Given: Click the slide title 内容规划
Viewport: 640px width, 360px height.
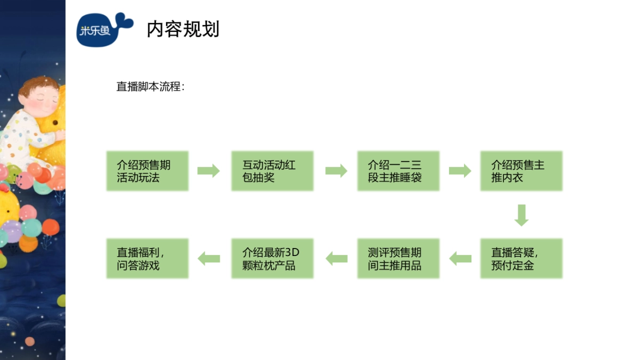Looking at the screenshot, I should pyautogui.click(x=183, y=29).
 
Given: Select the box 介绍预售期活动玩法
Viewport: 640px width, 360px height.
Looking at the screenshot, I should pyautogui.click(x=147, y=171).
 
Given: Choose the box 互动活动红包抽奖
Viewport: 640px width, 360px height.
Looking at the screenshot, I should pyautogui.click(x=272, y=171).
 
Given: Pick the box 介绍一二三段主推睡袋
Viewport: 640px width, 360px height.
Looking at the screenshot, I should pyautogui.click(x=398, y=171).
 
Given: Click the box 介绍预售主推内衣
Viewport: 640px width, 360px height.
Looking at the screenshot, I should pyautogui.click(x=521, y=171).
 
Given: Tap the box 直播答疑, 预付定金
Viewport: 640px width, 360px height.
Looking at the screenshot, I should pyautogui.click(x=521, y=259).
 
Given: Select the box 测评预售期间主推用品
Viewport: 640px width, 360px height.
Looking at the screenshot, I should pyautogui.click(x=398, y=259).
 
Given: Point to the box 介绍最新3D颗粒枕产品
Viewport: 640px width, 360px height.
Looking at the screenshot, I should pyautogui.click(x=272, y=259).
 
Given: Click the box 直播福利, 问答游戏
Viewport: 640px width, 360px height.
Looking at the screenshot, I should pyautogui.click(x=147, y=259).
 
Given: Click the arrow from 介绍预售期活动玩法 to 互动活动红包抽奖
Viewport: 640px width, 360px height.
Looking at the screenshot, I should pyautogui.click(x=209, y=171).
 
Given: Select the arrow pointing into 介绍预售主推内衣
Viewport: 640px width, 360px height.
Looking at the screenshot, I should pyautogui.click(x=460, y=171).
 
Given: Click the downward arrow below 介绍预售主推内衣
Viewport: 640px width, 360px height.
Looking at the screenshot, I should pyautogui.click(x=522, y=215).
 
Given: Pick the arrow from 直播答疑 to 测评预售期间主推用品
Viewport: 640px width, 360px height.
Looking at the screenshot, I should pyautogui.click(x=460, y=259).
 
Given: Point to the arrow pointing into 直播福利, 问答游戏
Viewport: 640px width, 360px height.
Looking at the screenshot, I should pyautogui.click(x=209, y=259).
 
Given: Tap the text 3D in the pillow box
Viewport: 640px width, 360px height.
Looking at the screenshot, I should pyautogui.click(x=293, y=252).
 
